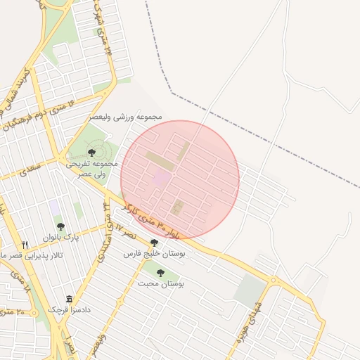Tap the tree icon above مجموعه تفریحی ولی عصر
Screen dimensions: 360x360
coord(92,153)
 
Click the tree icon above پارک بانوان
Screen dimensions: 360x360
coord(60,226)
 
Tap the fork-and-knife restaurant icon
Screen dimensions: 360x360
coord(25,245)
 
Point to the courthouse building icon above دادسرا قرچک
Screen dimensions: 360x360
coord(68,299)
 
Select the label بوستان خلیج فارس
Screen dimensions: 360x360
coord(163,254)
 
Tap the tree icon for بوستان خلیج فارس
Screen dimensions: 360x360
coord(154,243)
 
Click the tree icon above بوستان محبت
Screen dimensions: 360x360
coord(160,273)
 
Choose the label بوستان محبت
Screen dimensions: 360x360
coord(160,283)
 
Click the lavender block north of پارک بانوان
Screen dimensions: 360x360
coord(54,207)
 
